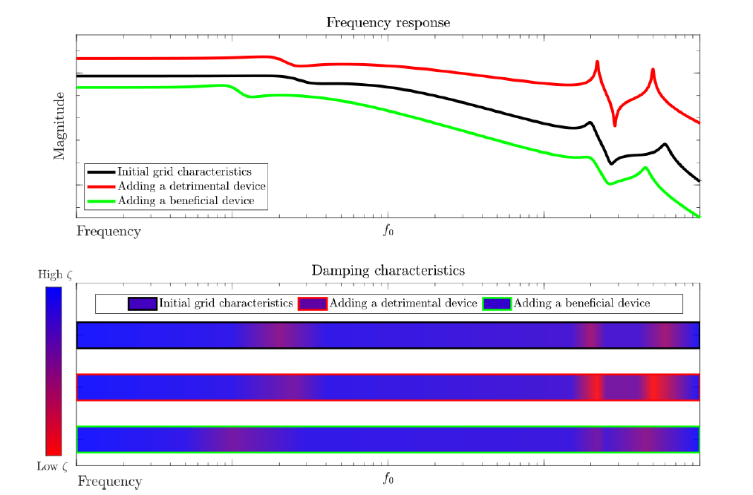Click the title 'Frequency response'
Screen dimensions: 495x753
388,22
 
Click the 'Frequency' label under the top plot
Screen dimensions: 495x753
108,232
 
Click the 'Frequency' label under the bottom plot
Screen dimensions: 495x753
110,482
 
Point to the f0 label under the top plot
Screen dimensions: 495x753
388,231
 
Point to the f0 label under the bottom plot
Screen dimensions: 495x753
388,479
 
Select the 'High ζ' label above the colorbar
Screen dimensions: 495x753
55,275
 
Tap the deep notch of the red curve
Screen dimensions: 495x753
614,125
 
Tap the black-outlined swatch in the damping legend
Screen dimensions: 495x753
142,304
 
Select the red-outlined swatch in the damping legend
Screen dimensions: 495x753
312,304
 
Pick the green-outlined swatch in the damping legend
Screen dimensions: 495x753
497,304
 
